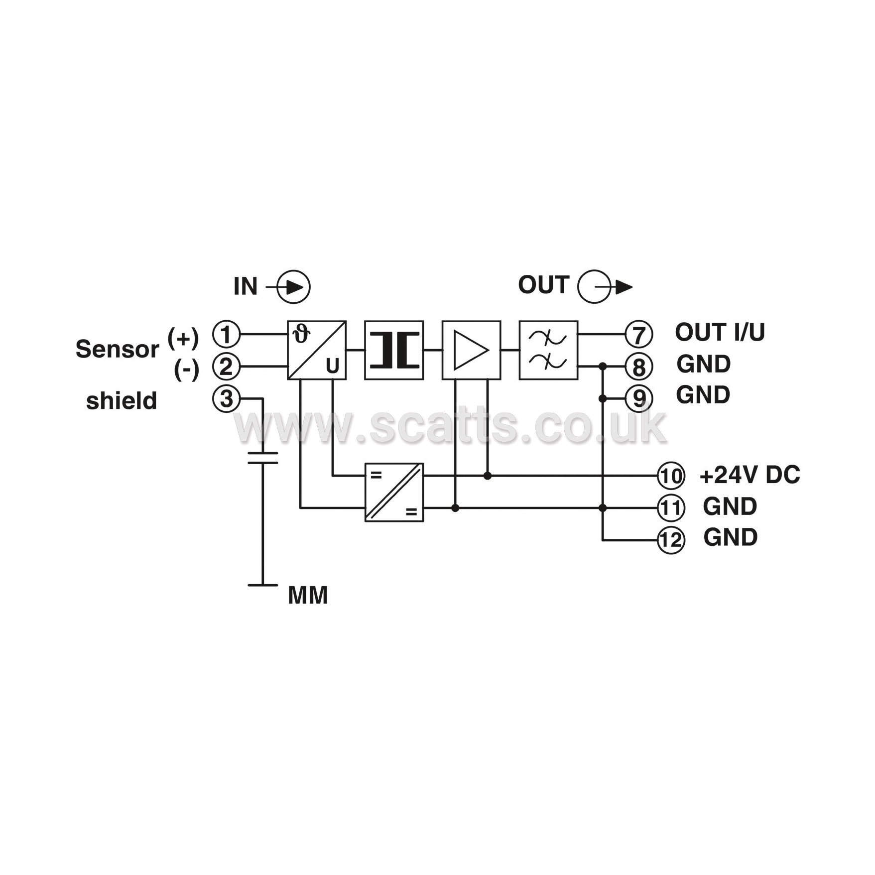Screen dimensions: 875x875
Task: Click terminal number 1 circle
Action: pos(226,334)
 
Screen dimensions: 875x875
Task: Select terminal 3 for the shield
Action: pos(226,398)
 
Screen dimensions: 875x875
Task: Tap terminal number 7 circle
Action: pos(638,334)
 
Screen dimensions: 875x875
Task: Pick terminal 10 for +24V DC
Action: pos(671,476)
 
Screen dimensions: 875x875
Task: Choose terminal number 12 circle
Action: pos(671,540)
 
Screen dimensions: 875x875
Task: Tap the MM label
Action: pos(308,596)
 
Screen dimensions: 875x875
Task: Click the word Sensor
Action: pos(117,349)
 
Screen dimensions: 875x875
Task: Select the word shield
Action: pos(122,400)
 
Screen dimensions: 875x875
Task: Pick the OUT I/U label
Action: pos(720,332)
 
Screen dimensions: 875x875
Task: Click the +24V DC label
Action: pos(750,475)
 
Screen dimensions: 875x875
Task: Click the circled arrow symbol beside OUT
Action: pos(605,287)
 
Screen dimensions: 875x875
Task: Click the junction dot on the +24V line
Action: pos(488,476)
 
